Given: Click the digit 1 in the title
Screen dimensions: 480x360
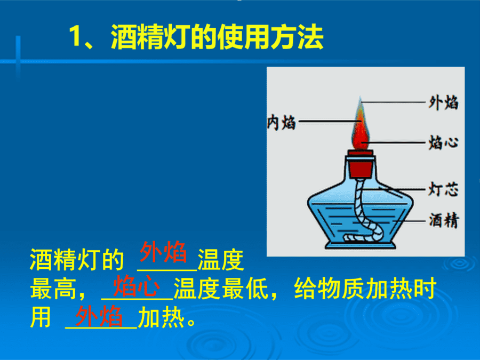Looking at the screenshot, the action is tap(75, 36).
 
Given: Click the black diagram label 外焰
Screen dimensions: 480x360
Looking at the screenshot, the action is tap(444, 102).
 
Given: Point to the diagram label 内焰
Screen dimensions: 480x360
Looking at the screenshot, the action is tap(281, 122).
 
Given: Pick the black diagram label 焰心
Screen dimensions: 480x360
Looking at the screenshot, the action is tap(444, 142).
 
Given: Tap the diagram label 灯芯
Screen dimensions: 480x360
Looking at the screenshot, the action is tap(444, 189).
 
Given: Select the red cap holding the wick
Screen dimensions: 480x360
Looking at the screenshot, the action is tap(361, 164).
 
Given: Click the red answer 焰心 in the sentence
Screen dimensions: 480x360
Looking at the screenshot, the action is tap(137, 286).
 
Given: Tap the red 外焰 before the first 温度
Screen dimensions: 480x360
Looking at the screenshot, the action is tap(163, 252).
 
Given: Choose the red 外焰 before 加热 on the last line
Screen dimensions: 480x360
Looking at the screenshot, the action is tap(99, 316).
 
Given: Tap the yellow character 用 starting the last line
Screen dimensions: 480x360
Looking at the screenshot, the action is tap(41, 317).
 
